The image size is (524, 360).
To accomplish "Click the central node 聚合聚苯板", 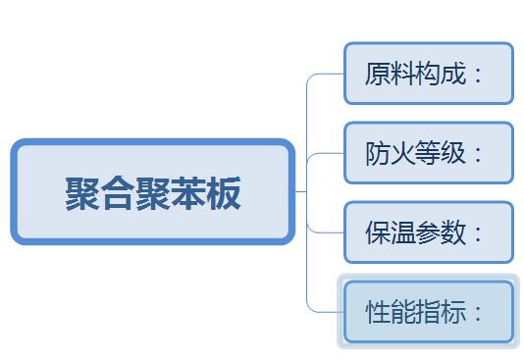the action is pyautogui.click(x=153, y=191).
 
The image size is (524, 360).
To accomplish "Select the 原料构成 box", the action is pyautogui.click(x=429, y=74).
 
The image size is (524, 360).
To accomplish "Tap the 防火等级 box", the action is pyautogui.click(x=429, y=153).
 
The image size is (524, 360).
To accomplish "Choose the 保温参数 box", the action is pyautogui.click(x=429, y=232).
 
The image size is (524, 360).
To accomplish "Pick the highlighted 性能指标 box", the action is pyautogui.click(x=429, y=312).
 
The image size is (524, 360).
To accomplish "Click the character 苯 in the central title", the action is pyautogui.click(x=188, y=193).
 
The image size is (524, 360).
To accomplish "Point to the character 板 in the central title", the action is pyautogui.click(x=224, y=193).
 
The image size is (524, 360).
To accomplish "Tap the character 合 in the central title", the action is pyautogui.click(x=118, y=193).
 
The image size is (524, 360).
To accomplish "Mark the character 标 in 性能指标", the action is pyautogui.click(x=453, y=312).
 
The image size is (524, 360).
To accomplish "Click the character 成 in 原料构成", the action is pyautogui.click(x=453, y=74).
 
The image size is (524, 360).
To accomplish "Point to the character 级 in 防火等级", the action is pyautogui.click(x=453, y=153).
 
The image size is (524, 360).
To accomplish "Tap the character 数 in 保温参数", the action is pyautogui.click(x=453, y=232).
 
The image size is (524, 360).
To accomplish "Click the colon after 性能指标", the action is pyautogui.click(x=478, y=313).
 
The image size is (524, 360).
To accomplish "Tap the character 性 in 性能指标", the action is pyautogui.click(x=378, y=312).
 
